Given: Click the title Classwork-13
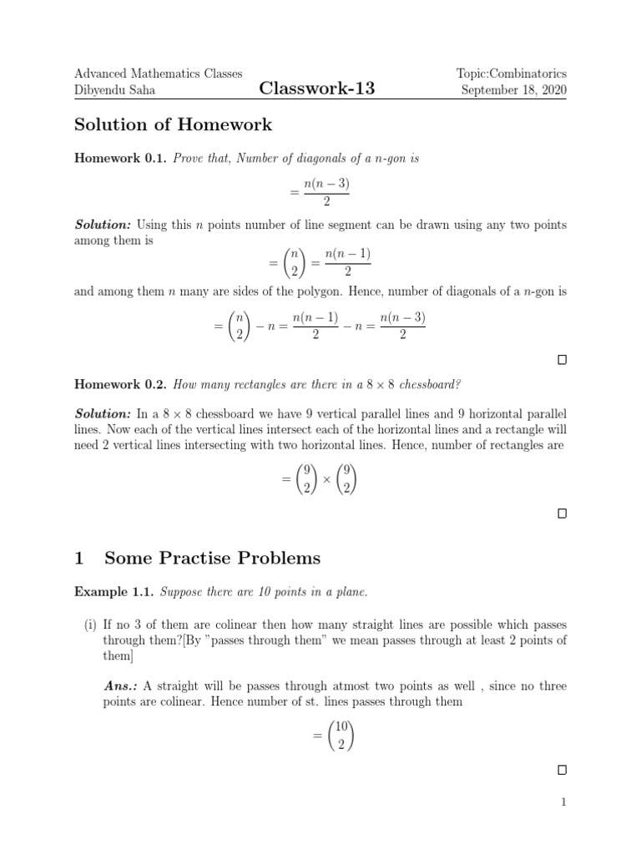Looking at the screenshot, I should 316,89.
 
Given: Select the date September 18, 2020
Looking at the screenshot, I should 513,90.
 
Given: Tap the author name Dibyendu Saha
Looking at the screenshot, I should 116,90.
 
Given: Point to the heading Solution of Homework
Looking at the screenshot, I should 173,125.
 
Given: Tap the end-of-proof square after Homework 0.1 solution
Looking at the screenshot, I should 562,360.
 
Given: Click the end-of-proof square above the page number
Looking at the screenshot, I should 562,769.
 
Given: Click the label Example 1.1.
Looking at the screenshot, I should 114,592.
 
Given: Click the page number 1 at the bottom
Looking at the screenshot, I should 563,803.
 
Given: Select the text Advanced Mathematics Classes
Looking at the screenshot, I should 159,73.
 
